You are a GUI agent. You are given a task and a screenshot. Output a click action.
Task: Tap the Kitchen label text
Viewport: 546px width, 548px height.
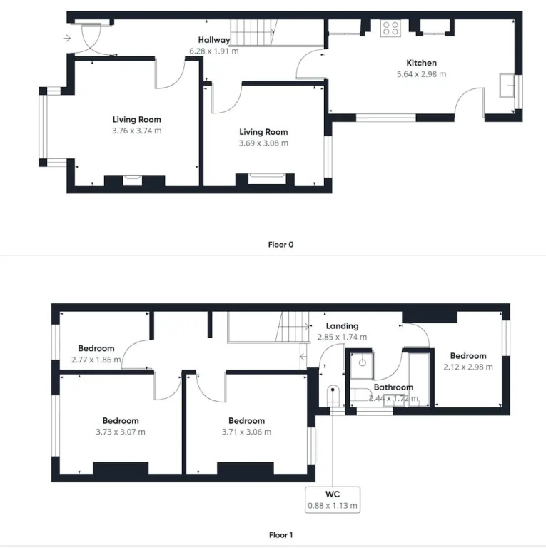tap(421, 63)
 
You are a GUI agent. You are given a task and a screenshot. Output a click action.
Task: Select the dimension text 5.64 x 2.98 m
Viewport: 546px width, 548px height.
tap(421, 74)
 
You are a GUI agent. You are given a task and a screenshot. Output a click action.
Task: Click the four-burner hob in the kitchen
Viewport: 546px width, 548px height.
tap(390, 29)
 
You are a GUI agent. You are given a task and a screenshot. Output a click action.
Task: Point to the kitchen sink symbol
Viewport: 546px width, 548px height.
tap(507, 86)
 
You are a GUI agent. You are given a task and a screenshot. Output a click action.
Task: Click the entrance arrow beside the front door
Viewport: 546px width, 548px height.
tap(67, 38)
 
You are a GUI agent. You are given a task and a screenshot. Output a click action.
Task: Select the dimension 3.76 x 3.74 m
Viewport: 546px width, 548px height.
tap(136, 131)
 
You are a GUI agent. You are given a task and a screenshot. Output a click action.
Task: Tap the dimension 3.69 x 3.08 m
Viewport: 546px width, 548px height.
tap(263, 143)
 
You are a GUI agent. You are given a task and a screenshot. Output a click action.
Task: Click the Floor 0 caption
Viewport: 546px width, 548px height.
tap(280, 245)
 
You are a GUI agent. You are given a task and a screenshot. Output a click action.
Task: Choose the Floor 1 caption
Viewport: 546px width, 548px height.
tap(280, 535)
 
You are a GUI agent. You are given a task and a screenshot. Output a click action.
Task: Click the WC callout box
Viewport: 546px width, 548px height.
tap(333, 500)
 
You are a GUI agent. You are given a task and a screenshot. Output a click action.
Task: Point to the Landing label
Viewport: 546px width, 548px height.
tap(342, 326)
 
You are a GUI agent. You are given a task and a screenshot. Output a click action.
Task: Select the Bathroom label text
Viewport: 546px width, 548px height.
tap(393, 387)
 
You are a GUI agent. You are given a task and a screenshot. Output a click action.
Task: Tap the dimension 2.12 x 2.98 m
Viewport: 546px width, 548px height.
tap(468, 367)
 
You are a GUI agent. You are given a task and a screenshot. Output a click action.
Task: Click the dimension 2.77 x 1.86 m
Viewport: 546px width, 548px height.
tap(96, 360)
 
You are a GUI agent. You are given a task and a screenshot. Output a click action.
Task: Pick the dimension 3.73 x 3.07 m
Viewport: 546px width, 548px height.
tap(121, 432)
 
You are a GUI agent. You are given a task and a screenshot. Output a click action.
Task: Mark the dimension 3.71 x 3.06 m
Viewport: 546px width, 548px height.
tap(246, 432)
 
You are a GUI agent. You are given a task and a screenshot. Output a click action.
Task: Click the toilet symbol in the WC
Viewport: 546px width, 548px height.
tap(333, 396)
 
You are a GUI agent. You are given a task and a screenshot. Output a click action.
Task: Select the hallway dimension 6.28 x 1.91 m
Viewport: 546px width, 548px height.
tap(214, 51)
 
